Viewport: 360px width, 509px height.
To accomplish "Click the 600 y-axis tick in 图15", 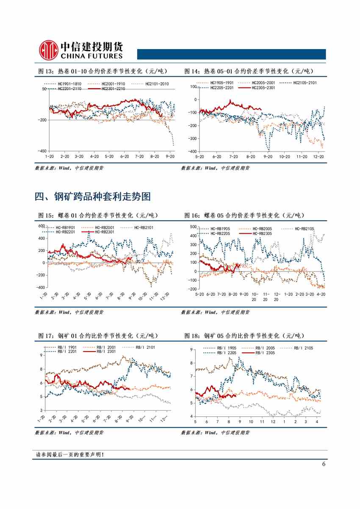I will click(42, 226).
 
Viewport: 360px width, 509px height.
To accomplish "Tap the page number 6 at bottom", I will click(324, 464).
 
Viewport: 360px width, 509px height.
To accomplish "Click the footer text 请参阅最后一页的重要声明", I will click(70, 455).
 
